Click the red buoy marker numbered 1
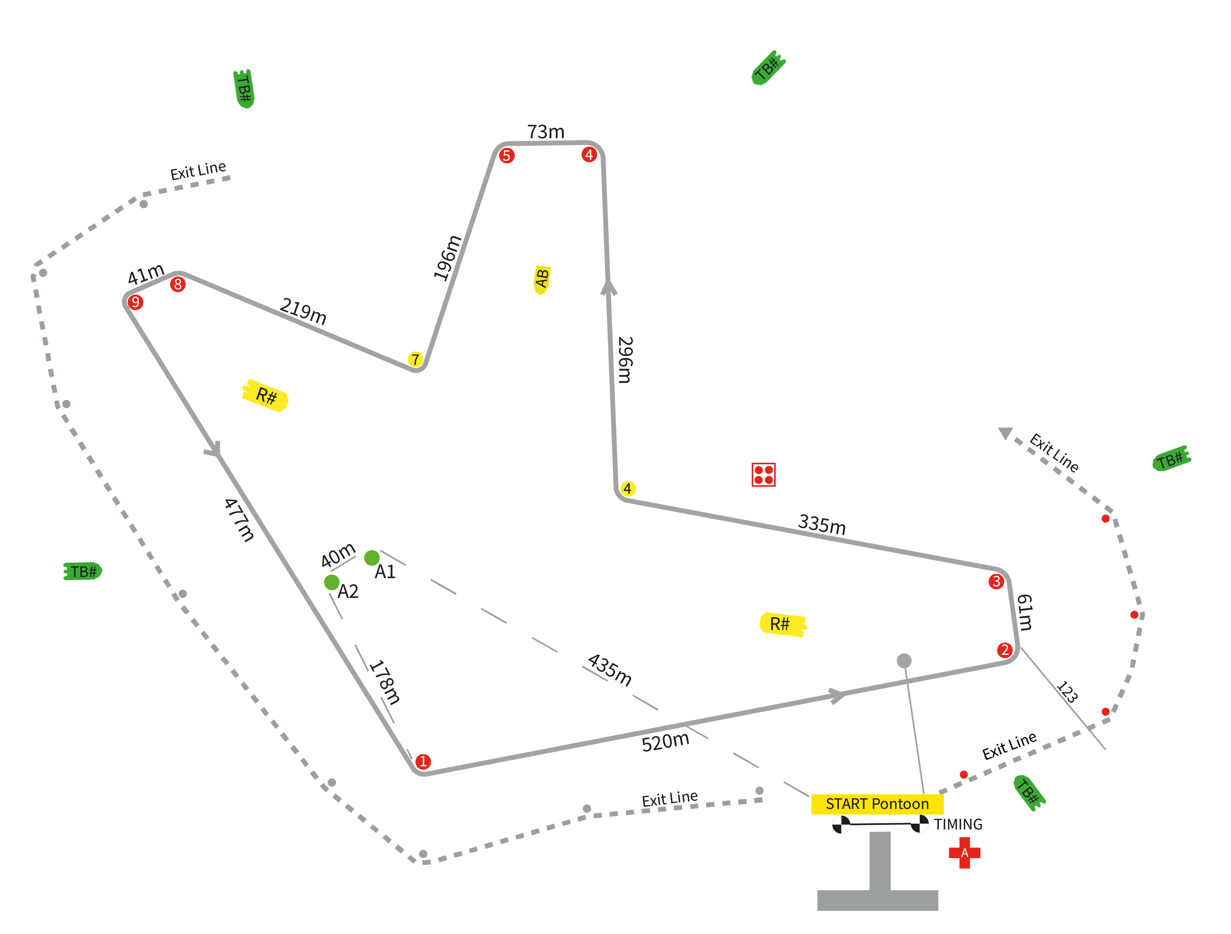[x=423, y=761]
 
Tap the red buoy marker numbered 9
[x=135, y=302]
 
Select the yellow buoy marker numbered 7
[x=415, y=359]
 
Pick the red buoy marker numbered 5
[x=506, y=155]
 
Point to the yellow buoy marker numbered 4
[x=628, y=488]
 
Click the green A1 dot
[x=372, y=557]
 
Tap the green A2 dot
[x=332, y=582]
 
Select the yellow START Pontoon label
[x=877, y=804]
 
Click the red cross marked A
[x=964, y=853]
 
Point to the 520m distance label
[x=666, y=742]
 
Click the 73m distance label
[x=546, y=132]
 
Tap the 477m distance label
[x=239, y=520]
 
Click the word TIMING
[x=958, y=824]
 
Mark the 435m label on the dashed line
[x=610, y=670]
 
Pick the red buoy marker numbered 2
[x=1004, y=650]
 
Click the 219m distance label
[x=303, y=311]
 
